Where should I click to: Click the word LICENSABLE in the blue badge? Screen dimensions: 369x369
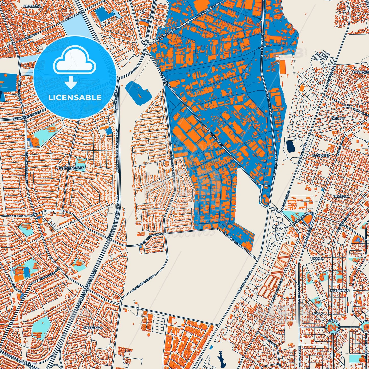pos(75,98)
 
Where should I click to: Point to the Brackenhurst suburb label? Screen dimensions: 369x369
pos(71,168)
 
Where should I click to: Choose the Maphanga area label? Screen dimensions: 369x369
pos(321,155)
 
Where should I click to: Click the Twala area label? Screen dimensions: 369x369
pos(317,258)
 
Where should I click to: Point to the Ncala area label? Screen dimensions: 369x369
pos(319,314)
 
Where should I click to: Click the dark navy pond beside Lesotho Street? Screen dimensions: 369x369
pos(290,147)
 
